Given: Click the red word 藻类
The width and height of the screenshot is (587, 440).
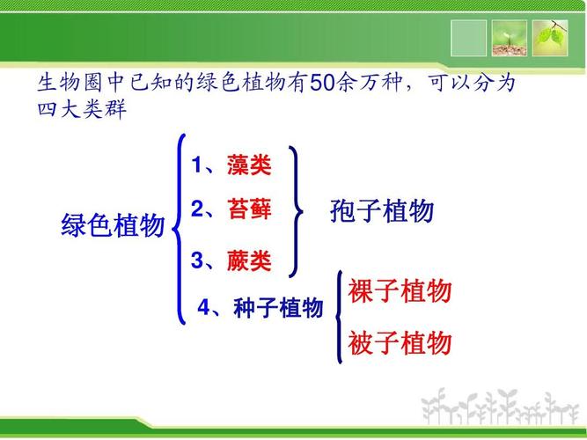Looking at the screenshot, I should click(x=248, y=165).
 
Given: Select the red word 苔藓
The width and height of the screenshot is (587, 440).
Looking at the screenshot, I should click(x=248, y=209).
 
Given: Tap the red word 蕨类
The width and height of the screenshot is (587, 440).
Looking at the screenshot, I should click(x=248, y=260).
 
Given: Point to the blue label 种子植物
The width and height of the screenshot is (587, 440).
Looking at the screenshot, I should click(x=278, y=309).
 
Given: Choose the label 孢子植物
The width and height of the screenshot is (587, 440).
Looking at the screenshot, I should click(x=382, y=211).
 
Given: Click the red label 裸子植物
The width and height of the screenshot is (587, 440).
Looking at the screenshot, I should click(x=400, y=291).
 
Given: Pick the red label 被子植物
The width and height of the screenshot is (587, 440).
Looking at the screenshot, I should click(x=400, y=342).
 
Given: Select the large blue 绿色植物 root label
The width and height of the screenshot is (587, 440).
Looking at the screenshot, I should click(x=113, y=225).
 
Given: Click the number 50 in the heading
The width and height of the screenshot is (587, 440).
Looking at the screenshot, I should click(x=323, y=85).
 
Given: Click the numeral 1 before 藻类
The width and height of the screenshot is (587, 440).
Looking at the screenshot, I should click(x=197, y=165).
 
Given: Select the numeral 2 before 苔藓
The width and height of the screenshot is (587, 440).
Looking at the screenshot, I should click(x=197, y=209).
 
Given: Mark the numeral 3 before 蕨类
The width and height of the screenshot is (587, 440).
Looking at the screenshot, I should click(x=197, y=260).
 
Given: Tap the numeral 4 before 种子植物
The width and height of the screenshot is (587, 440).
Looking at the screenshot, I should click(x=204, y=309).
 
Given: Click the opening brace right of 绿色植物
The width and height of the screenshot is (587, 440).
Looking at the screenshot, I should click(x=180, y=229).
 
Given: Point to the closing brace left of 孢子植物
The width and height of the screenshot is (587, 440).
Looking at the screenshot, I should click(x=297, y=211).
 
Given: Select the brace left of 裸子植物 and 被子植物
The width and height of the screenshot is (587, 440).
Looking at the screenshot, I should click(x=339, y=317).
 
